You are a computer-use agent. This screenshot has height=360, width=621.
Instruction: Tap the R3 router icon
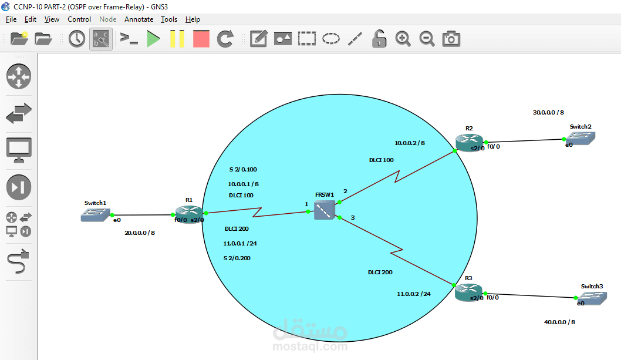[x=468, y=292]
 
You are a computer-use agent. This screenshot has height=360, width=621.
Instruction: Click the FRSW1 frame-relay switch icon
[x=324, y=210]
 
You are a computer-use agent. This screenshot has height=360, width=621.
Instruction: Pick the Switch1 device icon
[x=95, y=215]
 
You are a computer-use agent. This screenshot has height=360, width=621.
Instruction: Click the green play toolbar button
[x=153, y=39]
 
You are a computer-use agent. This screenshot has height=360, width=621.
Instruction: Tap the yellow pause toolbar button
[x=177, y=39]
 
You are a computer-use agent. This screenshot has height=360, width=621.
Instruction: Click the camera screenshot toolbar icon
[x=451, y=39]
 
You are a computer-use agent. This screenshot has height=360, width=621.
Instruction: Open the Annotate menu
[x=139, y=19]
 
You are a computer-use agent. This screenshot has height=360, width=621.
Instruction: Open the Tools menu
[x=169, y=19]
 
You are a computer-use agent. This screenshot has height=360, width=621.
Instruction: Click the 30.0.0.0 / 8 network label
[x=548, y=112]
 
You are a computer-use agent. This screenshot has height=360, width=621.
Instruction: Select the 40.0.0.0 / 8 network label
[x=559, y=322]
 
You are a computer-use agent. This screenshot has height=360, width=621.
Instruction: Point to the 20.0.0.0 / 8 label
[x=140, y=233]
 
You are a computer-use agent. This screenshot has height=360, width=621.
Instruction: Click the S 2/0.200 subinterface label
[x=237, y=258]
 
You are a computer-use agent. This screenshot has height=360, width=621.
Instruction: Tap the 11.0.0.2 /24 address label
[x=414, y=294]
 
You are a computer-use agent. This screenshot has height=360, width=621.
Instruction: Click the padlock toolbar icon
[x=379, y=39]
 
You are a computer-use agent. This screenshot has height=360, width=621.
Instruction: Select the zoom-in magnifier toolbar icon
[x=403, y=39]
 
